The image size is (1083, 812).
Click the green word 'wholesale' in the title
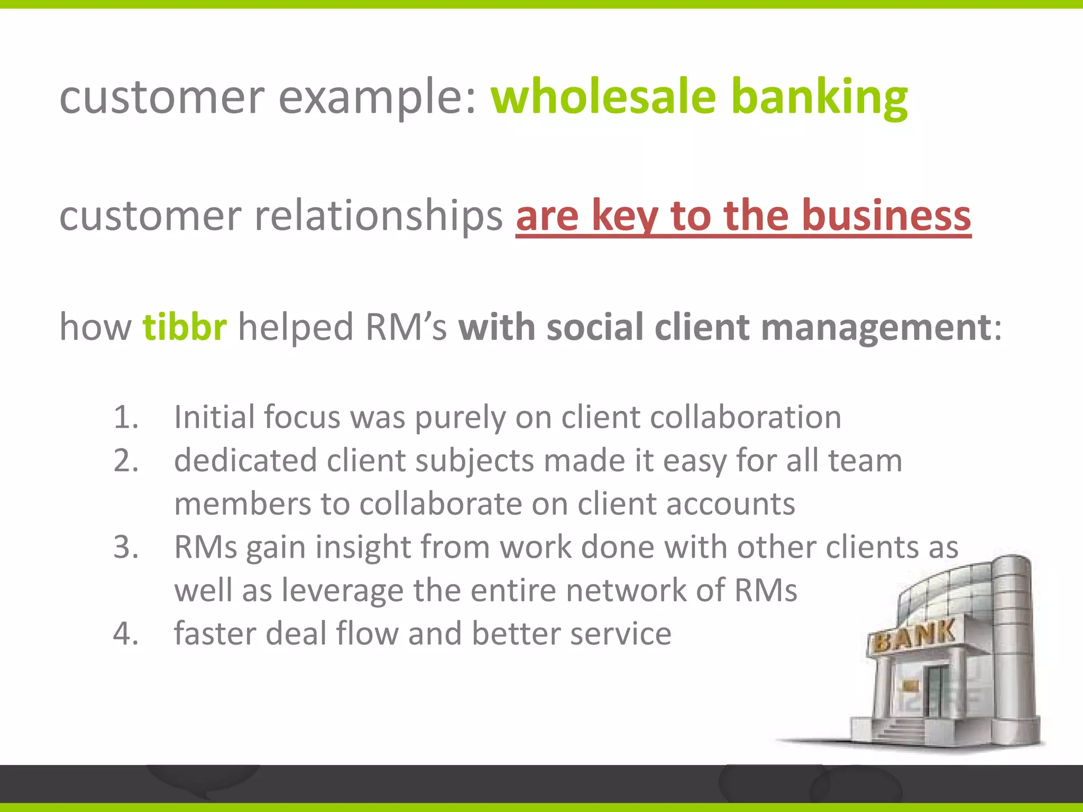(x=603, y=97)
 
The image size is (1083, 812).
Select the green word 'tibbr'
(x=185, y=327)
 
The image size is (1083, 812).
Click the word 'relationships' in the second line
(x=378, y=216)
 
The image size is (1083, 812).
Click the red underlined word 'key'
(x=625, y=216)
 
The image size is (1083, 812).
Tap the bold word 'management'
(x=876, y=327)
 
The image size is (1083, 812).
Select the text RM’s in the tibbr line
(x=406, y=327)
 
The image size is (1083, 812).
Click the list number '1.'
(x=126, y=417)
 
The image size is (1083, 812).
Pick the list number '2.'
(x=126, y=460)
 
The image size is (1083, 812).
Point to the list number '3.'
(x=126, y=547)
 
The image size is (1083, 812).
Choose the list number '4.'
(x=126, y=634)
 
